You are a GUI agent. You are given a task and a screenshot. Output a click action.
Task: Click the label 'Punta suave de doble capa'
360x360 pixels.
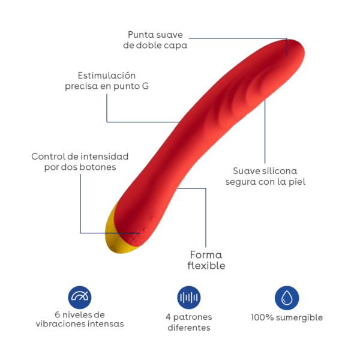click(x=155, y=40)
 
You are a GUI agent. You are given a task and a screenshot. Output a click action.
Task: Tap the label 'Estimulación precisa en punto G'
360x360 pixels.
click(x=107, y=81)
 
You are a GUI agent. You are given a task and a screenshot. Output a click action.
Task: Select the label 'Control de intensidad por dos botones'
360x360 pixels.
click(x=80, y=161)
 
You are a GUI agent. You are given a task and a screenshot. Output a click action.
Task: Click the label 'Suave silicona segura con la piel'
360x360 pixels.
click(x=265, y=176)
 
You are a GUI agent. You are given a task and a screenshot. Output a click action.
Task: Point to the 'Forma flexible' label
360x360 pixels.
click(x=206, y=260)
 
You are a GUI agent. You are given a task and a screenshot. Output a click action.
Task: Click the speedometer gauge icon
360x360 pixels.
click(x=80, y=296)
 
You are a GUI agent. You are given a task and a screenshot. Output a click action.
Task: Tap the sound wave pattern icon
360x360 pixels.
click(x=189, y=297)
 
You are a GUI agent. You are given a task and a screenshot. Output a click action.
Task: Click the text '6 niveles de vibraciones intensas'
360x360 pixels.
click(x=79, y=319)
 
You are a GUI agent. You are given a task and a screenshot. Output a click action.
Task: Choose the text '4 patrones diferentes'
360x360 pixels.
click(x=189, y=322)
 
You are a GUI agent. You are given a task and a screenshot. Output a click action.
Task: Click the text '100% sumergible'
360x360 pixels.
click(x=287, y=317)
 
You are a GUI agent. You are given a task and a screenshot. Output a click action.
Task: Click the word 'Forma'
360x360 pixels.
click(x=206, y=254)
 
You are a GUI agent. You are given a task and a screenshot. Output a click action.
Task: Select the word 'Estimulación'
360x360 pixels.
click(x=107, y=76)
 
